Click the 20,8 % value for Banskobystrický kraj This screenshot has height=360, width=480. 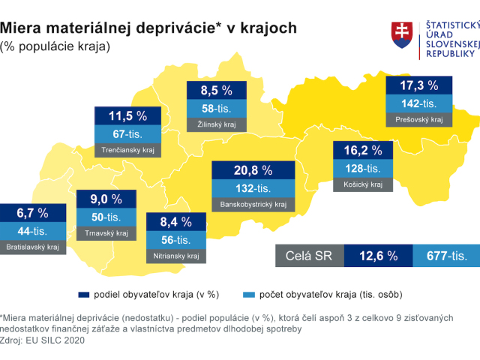click(x=253, y=170)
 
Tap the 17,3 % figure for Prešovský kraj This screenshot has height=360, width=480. click(x=419, y=85)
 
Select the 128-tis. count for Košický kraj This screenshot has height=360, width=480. click(x=363, y=168)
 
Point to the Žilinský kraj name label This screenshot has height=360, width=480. click(x=217, y=124)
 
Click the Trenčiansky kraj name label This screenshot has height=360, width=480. click(x=127, y=150)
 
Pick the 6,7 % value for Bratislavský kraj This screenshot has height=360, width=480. click(x=32, y=213)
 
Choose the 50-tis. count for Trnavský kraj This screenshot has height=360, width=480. click(x=106, y=217)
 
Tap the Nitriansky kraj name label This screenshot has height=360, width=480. click(x=176, y=256)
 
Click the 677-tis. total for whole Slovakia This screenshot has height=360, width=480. click(x=447, y=256)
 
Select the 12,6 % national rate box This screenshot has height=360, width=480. click(x=378, y=256)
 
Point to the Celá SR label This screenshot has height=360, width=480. click(x=308, y=256)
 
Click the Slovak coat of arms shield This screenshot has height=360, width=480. click(x=402, y=35)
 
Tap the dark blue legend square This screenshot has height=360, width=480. click(x=84, y=295)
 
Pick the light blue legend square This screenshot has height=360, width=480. click(x=249, y=295)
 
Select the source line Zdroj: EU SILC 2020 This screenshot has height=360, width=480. click(x=42, y=340)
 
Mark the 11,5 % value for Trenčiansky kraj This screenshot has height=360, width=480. click(x=127, y=115)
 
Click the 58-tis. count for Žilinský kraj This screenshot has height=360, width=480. click(x=217, y=108)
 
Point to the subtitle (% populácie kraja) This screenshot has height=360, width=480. click(x=55, y=46)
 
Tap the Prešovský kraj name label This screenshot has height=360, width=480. click(x=419, y=120)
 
